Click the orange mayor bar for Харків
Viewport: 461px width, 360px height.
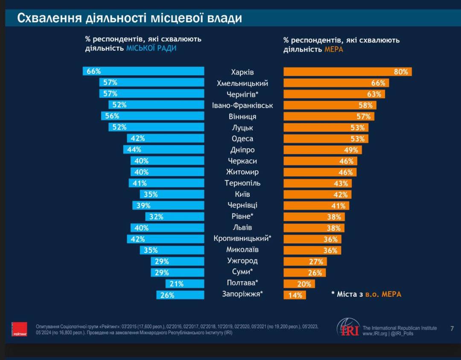347,72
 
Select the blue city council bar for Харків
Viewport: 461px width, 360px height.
143,71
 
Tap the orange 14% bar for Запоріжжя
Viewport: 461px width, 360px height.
295,295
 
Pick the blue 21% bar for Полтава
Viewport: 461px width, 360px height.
185,284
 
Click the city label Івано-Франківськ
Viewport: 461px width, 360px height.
242,105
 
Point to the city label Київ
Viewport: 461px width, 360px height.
242,194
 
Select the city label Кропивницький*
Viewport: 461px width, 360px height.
242,239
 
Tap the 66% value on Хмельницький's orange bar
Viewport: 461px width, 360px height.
378,83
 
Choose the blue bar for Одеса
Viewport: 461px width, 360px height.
166,138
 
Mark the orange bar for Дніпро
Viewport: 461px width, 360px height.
323,150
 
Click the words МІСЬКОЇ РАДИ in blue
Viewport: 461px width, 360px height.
151,49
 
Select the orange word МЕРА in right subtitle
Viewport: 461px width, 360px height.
334,50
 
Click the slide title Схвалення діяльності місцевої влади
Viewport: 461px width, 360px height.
129,18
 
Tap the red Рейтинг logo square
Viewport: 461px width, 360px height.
19,329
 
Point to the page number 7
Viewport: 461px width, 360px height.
452,328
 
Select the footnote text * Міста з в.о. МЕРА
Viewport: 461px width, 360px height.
366,294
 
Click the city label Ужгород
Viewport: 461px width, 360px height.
242,261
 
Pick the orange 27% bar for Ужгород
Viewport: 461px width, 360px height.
305,261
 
